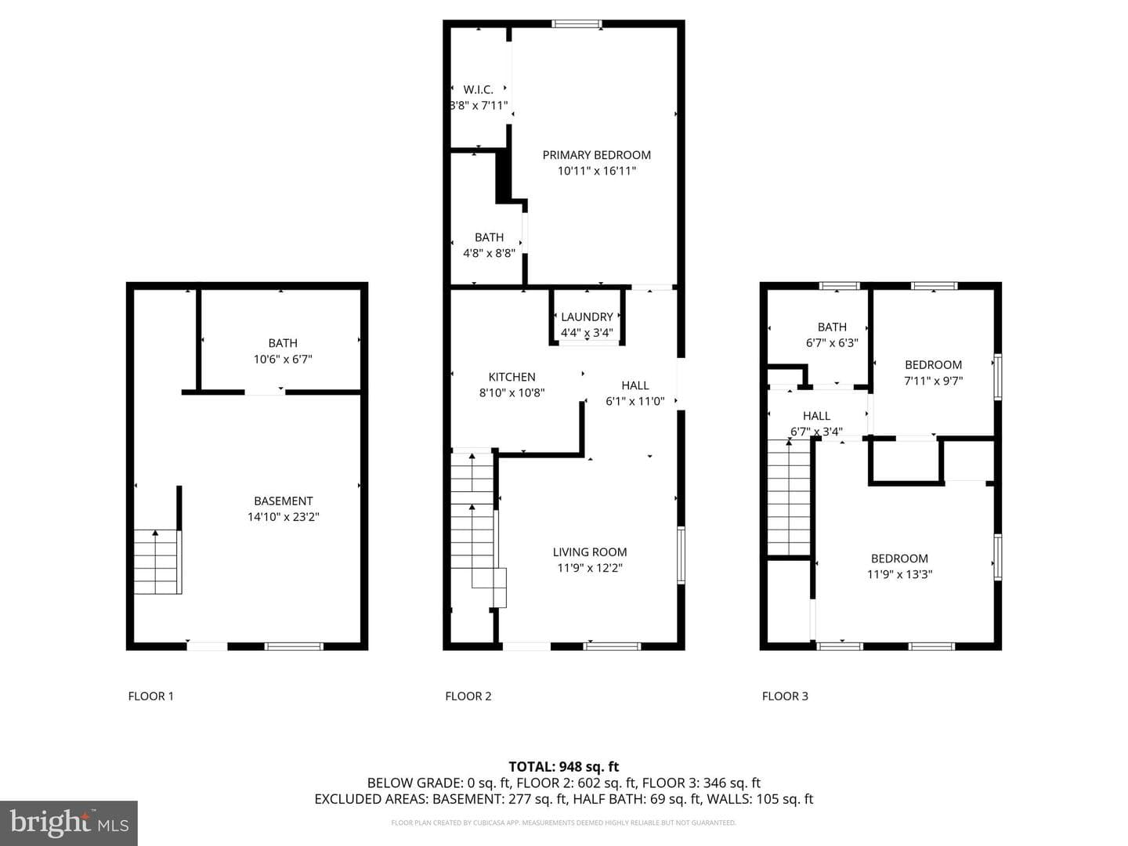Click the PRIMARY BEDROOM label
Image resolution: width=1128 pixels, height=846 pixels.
(x=596, y=155)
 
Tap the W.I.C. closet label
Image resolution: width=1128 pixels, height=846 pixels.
(x=478, y=90)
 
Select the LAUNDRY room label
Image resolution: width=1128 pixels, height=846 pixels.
(x=587, y=317)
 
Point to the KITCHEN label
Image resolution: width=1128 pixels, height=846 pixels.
(x=512, y=377)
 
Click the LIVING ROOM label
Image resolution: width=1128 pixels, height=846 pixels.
(x=590, y=552)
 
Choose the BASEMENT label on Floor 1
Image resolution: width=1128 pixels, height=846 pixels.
(x=283, y=501)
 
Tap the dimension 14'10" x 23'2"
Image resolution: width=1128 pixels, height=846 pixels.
(x=283, y=517)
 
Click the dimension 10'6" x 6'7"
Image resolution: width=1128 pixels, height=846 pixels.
(x=283, y=359)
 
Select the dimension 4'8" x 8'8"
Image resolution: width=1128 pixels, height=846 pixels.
(x=490, y=253)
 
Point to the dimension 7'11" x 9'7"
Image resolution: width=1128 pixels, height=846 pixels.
(x=933, y=381)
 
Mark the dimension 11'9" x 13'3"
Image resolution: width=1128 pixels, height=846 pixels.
(x=899, y=574)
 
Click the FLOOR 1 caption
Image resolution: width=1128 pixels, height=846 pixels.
(x=150, y=696)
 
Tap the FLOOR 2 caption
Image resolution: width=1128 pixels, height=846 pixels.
(x=468, y=696)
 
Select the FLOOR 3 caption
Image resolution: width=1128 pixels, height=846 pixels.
(x=785, y=696)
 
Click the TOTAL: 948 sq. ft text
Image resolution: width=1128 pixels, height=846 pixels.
(x=564, y=766)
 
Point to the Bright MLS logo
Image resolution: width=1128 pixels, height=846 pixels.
(x=69, y=823)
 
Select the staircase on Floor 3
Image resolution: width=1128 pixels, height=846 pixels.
(x=788, y=497)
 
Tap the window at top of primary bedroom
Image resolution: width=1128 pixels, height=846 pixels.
(x=577, y=23)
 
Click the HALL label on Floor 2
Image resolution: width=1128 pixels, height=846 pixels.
(x=634, y=385)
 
